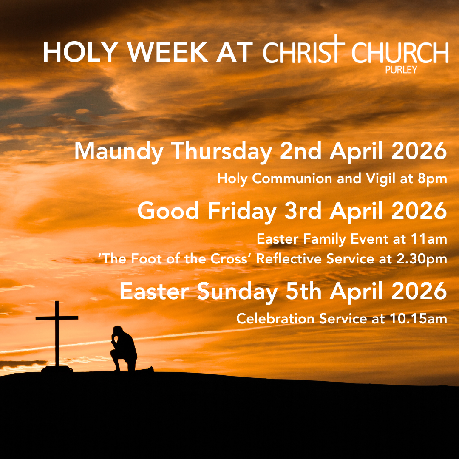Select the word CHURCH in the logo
[400, 53]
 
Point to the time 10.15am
[422, 319]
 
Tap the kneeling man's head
[118, 331]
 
